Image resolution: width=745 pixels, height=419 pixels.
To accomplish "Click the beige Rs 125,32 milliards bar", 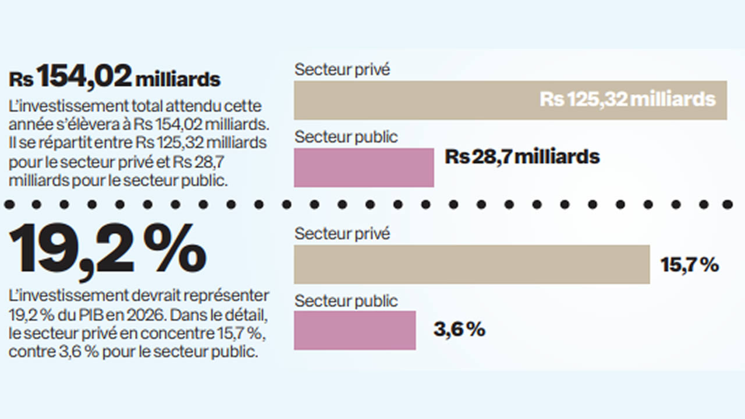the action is pos(510,100).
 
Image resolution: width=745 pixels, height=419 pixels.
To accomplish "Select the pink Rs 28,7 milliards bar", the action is pos(364,168).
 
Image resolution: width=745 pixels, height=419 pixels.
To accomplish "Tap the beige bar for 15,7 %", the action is pos(472,264).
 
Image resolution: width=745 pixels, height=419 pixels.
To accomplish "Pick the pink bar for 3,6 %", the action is pos(355,330).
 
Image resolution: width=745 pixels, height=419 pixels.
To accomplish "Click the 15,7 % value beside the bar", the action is pos(690,265).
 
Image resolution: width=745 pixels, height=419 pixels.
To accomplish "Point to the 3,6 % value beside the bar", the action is pos(459,329).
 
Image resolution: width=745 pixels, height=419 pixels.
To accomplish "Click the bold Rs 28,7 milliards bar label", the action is pos(522,157).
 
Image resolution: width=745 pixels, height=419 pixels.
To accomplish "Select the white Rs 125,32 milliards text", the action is pos(627,99).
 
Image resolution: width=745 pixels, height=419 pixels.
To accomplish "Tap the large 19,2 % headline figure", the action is pos(108,250).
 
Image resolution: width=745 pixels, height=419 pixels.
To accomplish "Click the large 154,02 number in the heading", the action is pos(84,76).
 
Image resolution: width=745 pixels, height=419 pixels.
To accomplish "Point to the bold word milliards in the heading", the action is pos(178,80).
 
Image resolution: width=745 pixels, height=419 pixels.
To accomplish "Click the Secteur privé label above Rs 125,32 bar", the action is pos(342,69).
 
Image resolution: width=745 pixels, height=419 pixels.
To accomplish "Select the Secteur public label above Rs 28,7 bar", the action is pos(346,137).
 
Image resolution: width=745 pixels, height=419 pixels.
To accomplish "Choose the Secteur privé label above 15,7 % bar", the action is pos(342,233).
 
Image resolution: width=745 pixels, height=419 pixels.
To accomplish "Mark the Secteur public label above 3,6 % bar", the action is pos(346,301).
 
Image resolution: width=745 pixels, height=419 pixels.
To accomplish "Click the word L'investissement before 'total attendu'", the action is pos(69,106).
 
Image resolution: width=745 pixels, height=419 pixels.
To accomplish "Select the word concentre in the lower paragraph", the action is pos(176,333).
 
